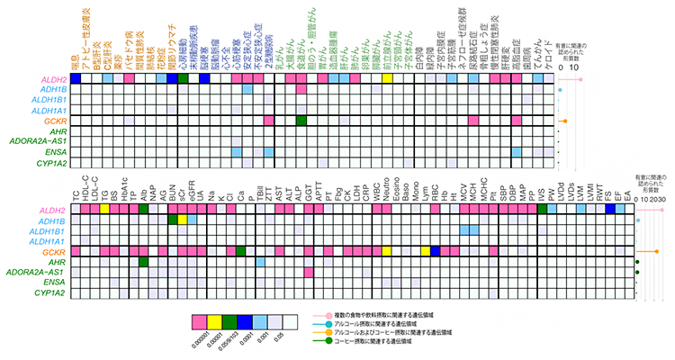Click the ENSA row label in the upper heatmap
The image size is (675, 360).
pyautogui.click(x=53, y=153)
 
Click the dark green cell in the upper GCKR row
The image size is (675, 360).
pyautogui.click(x=301, y=121)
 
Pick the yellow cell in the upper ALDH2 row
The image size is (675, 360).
pyautogui.click(x=387, y=79)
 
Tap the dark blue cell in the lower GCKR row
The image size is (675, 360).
pyautogui.click(x=435, y=251)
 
